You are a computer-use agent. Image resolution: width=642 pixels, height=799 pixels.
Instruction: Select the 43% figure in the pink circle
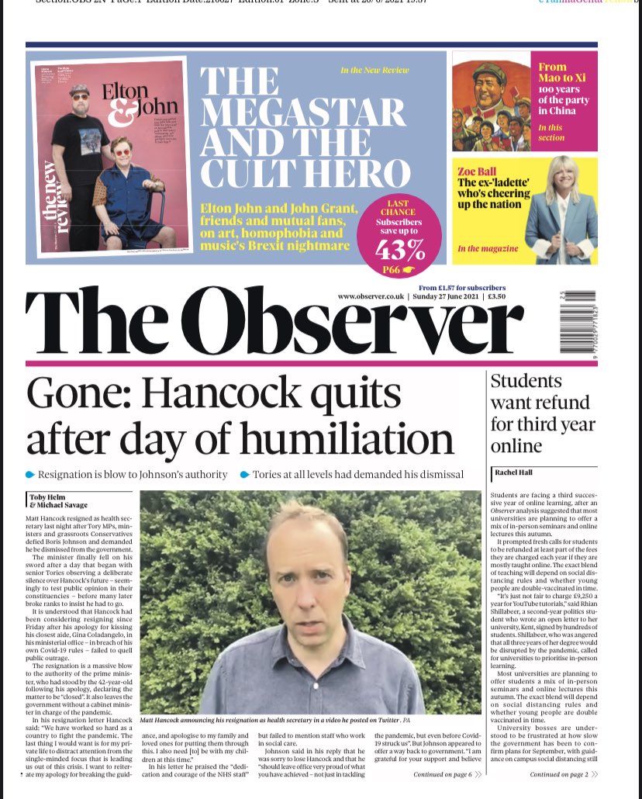[400, 250]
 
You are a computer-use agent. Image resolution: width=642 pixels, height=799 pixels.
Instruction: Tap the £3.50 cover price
[495, 297]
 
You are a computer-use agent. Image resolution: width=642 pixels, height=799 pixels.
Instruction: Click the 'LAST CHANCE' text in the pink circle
[399, 208]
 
